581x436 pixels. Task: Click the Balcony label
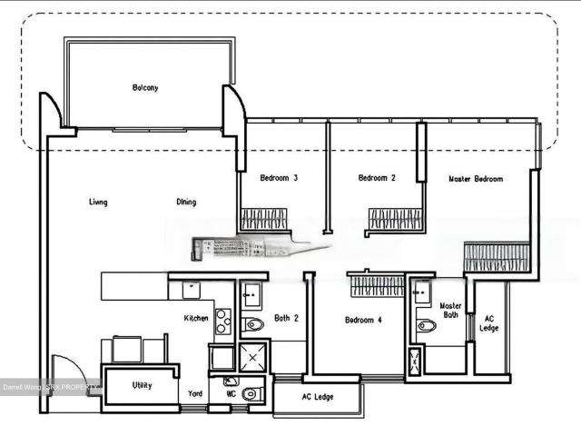click(145, 88)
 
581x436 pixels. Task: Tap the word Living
click(98, 202)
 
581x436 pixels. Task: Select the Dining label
click(186, 202)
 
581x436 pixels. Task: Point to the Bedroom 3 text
click(279, 178)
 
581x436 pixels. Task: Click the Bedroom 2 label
click(377, 178)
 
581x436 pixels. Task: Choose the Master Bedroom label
click(476, 179)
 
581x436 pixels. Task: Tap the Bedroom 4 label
click(363, 320)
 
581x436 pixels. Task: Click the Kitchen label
click(197, 318)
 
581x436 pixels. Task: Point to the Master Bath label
click(451, 312)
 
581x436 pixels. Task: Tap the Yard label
click(194, 394)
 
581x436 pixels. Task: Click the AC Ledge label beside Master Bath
click(489, 322)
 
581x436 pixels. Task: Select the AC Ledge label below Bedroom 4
click(317, 397)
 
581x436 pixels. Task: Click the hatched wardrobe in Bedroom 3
click(263, 219)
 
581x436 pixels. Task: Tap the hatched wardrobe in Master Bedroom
click(496, 257)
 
